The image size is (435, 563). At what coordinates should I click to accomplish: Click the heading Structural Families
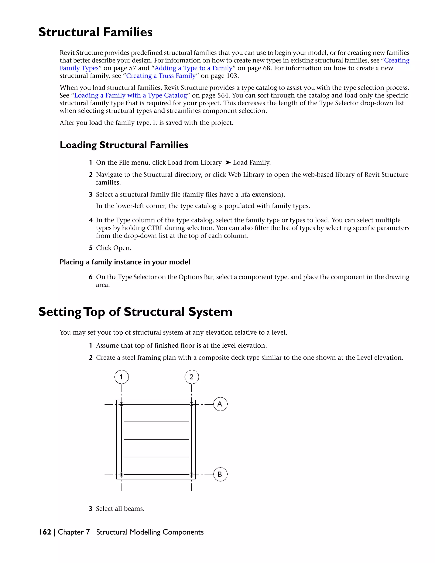[95, 33]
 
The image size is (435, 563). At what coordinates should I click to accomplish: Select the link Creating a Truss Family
[161, 76]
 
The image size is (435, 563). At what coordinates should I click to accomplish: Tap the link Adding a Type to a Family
[193, 68]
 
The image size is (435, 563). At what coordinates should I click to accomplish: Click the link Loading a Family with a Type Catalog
[130, 95]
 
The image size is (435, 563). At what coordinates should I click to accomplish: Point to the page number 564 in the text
[223, 95]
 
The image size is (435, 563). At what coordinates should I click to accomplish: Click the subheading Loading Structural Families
[124, 145]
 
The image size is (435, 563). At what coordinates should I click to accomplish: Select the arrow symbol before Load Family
[228, 162]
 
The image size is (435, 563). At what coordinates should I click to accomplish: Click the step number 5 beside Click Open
[91, 248]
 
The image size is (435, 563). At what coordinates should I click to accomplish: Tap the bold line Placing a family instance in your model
[125, 262]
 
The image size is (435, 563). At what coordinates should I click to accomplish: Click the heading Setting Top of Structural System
[135, 312]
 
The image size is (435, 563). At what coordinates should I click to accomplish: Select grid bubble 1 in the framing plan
[121, 377]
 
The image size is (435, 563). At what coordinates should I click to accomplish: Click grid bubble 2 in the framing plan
[191, 377]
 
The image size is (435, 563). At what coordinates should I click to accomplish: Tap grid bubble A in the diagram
[220, 404]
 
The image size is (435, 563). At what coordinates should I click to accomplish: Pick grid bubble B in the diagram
[220, 474]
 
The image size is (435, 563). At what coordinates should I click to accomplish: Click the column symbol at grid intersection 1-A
[121, 404]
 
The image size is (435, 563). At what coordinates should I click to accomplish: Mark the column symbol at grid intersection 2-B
[191, 474]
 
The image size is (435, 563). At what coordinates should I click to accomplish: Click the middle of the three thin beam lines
[156, 439]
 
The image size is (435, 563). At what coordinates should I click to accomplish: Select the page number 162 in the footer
[45, 532]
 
